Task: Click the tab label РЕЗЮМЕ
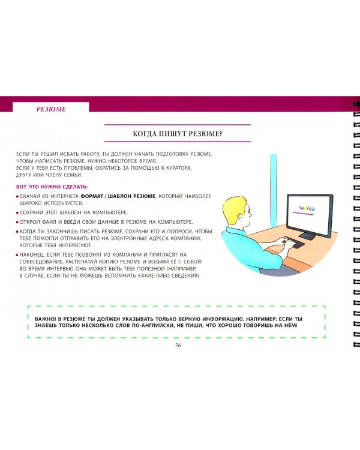pos(51,109)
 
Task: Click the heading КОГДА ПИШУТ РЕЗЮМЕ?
pos(178,134)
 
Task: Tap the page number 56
pos(178,345)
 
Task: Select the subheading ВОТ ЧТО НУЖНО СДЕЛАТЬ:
pos(52,187)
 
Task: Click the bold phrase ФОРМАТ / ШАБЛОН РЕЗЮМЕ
pos(118,196)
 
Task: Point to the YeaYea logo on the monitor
pos(307,208)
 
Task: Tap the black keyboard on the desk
pos(293,244)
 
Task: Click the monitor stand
pos(308,236)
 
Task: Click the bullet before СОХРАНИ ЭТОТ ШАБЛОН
pos(17,213)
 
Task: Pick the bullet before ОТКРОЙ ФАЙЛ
pos(17,223)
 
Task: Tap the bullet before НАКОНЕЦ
pos(17,255)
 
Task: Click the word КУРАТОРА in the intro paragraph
pos(178,168)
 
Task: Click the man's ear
pos(240,215)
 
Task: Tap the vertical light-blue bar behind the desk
pos(274,190)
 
